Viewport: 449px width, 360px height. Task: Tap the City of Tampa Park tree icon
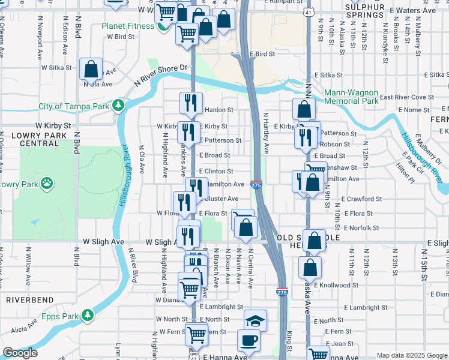[x=119, y=106]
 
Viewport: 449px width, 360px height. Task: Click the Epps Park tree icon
[x=88, y=315]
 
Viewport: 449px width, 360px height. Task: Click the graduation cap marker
[x=256, y=320]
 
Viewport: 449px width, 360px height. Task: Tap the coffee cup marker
[x=249, y=340]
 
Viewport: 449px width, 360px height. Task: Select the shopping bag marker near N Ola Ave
[x=91, y=70]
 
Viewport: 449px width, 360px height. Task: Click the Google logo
[x=19, y=353]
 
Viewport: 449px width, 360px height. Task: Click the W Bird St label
[x=121, y=37]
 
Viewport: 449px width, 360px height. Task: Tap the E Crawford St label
[x=361, y=199]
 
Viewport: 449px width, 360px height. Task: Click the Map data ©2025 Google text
[x=411, y=355]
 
